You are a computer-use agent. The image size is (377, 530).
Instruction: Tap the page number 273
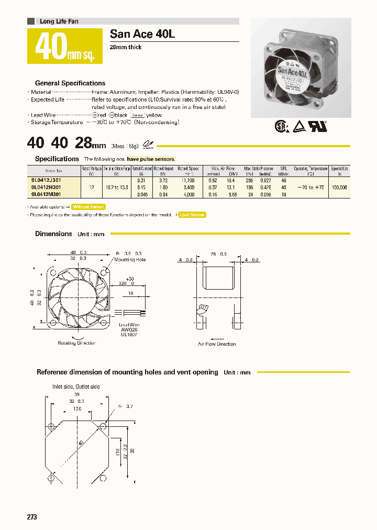pos(32,517)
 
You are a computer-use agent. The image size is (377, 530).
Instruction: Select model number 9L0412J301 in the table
pos(46,180)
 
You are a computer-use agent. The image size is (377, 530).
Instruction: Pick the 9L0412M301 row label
pos(46,194)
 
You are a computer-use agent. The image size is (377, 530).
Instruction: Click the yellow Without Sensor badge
pos(88,207)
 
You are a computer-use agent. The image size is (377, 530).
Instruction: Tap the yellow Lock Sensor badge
pos(192,215)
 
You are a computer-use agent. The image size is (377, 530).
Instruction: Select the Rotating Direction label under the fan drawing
pos(77,343)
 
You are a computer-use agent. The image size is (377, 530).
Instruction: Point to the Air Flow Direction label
pos(217,344)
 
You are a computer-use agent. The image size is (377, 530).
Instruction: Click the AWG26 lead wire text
pos(128,329)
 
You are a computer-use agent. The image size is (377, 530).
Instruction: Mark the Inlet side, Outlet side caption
pos(76,387)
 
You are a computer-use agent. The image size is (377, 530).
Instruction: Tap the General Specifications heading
pos(70,83)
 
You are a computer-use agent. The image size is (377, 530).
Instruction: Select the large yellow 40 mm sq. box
pos(65,47)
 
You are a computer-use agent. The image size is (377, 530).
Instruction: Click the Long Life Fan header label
pos(59,21)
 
